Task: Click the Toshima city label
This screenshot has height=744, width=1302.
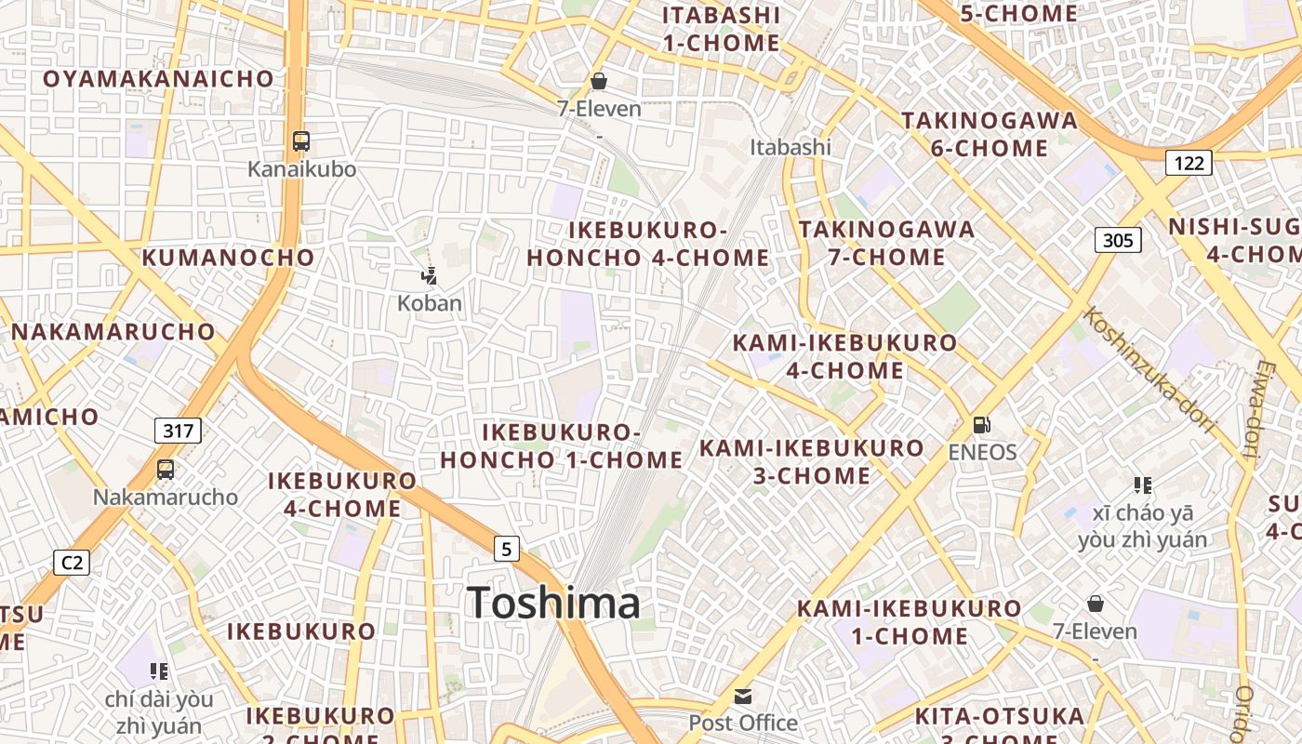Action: pyautogui.click(x=553, y=603)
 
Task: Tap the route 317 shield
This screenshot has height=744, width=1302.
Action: pyautogui.click(x=178, y=430)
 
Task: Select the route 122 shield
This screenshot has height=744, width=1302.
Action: pyautogui.click(x=1189, y=164)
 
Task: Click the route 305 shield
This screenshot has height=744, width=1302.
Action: pyautogui.click(x=1117, y=241)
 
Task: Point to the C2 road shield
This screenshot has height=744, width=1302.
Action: pyautogui.click(x=72, y=562)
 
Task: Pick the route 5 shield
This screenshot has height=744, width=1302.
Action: pyautogui.click(x=506, y=549)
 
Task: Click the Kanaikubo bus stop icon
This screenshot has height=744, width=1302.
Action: pyautogui.click(x=301, y=141)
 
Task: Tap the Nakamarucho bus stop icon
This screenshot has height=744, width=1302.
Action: pyautogui.click(x=166, y=470)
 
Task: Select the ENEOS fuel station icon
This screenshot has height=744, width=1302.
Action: pyautogui.click(x=981, y=425)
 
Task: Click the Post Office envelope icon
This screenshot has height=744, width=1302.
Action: pyautogui.click(x=743, y=696)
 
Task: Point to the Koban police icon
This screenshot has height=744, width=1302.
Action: pyautogui.click(x=429, y=275)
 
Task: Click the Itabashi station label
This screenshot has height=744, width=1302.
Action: pyautogui.click(x=790, y=147)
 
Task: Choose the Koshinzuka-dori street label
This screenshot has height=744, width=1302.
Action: pyautogui.click(x=1149, y=369)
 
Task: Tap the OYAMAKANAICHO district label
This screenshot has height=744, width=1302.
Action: pyautogui.click(x=159, y=79)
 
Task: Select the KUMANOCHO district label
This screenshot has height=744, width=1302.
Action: pyautogui.click(x=228, y=258)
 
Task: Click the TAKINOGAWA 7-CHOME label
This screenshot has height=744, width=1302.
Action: pyautogui.click(x=886, y=243)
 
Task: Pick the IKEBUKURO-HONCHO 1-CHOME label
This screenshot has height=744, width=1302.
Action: pyautogui.click(x=562, y=446)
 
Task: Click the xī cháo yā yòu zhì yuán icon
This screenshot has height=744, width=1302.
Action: pyautogui.click(x=1143, y=485)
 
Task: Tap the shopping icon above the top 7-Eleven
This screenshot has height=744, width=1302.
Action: pyautogui.click(x=599, y=81)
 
